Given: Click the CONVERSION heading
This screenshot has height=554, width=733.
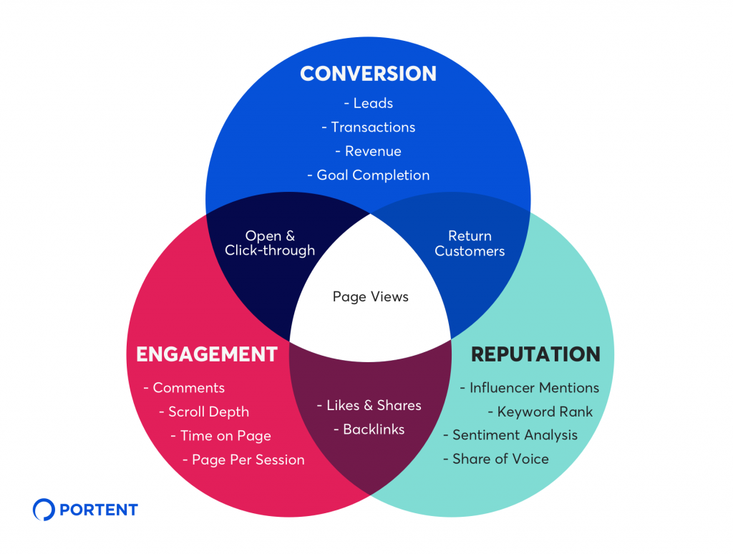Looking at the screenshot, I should pos(368,74).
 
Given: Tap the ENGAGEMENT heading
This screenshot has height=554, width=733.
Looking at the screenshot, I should pos(206,354).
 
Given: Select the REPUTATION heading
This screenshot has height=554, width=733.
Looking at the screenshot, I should pos(535,354).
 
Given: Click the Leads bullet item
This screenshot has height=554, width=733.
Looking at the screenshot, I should pos(368,103).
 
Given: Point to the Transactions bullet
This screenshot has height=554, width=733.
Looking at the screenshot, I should pos(368,127).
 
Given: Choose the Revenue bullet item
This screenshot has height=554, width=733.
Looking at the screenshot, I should pos(368,151).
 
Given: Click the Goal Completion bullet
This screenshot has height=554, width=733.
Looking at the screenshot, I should pos(368,175).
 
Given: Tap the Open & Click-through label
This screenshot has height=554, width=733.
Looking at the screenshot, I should pos(269,243).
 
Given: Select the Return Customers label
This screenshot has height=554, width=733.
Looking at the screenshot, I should pos(470,243).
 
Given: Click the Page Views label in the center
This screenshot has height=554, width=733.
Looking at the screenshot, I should pos(370,296).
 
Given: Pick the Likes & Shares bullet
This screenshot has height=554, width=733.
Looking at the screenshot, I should pos(369,406).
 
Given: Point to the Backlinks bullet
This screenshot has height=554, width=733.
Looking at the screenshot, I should pos(369,429).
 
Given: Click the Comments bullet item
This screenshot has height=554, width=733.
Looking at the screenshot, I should pos(184,388).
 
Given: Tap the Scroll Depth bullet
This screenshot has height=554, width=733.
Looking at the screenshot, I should pos(204,412).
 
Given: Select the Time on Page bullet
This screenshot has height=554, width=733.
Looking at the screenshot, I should pos(220,436).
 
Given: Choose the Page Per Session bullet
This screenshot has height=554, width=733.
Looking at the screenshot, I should pos(243,460).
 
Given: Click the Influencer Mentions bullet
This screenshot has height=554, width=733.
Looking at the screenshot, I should pos(529,388).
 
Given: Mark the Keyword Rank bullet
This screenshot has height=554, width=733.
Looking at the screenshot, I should pos(540,412).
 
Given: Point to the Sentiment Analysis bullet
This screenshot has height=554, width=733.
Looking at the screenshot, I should pos(510,436).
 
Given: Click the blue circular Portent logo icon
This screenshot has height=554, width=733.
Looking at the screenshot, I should pos(44,510).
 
